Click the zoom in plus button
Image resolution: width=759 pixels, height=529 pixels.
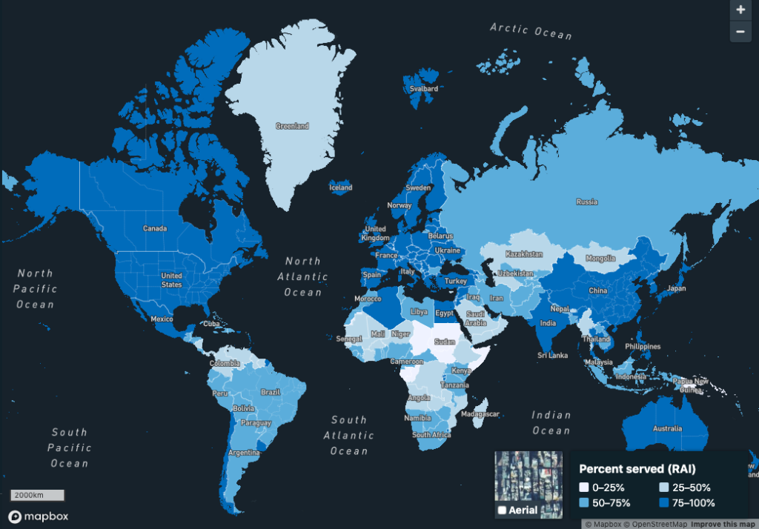coord(740,10)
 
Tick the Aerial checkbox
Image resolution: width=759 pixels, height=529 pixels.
coord(503,510)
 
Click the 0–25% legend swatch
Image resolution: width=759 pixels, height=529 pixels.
coord(584,488)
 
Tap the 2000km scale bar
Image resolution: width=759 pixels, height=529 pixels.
coord(37,495)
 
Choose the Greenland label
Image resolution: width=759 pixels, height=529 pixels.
coord(291,127)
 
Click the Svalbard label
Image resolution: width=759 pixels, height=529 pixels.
coord(423,90)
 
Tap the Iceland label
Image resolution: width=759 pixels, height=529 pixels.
coord(340,188)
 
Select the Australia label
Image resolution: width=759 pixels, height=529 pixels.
coord(666,429)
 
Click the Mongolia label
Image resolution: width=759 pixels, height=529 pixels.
coord(600,259)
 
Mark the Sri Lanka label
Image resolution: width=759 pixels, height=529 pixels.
coord(552,356)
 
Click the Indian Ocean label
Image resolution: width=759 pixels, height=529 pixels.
coord(551,423)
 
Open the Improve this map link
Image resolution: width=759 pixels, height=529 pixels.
coord(723,524)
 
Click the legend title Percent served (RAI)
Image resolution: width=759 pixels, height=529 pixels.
coord(637,469)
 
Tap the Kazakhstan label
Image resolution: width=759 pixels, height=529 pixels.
coord(524,254)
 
